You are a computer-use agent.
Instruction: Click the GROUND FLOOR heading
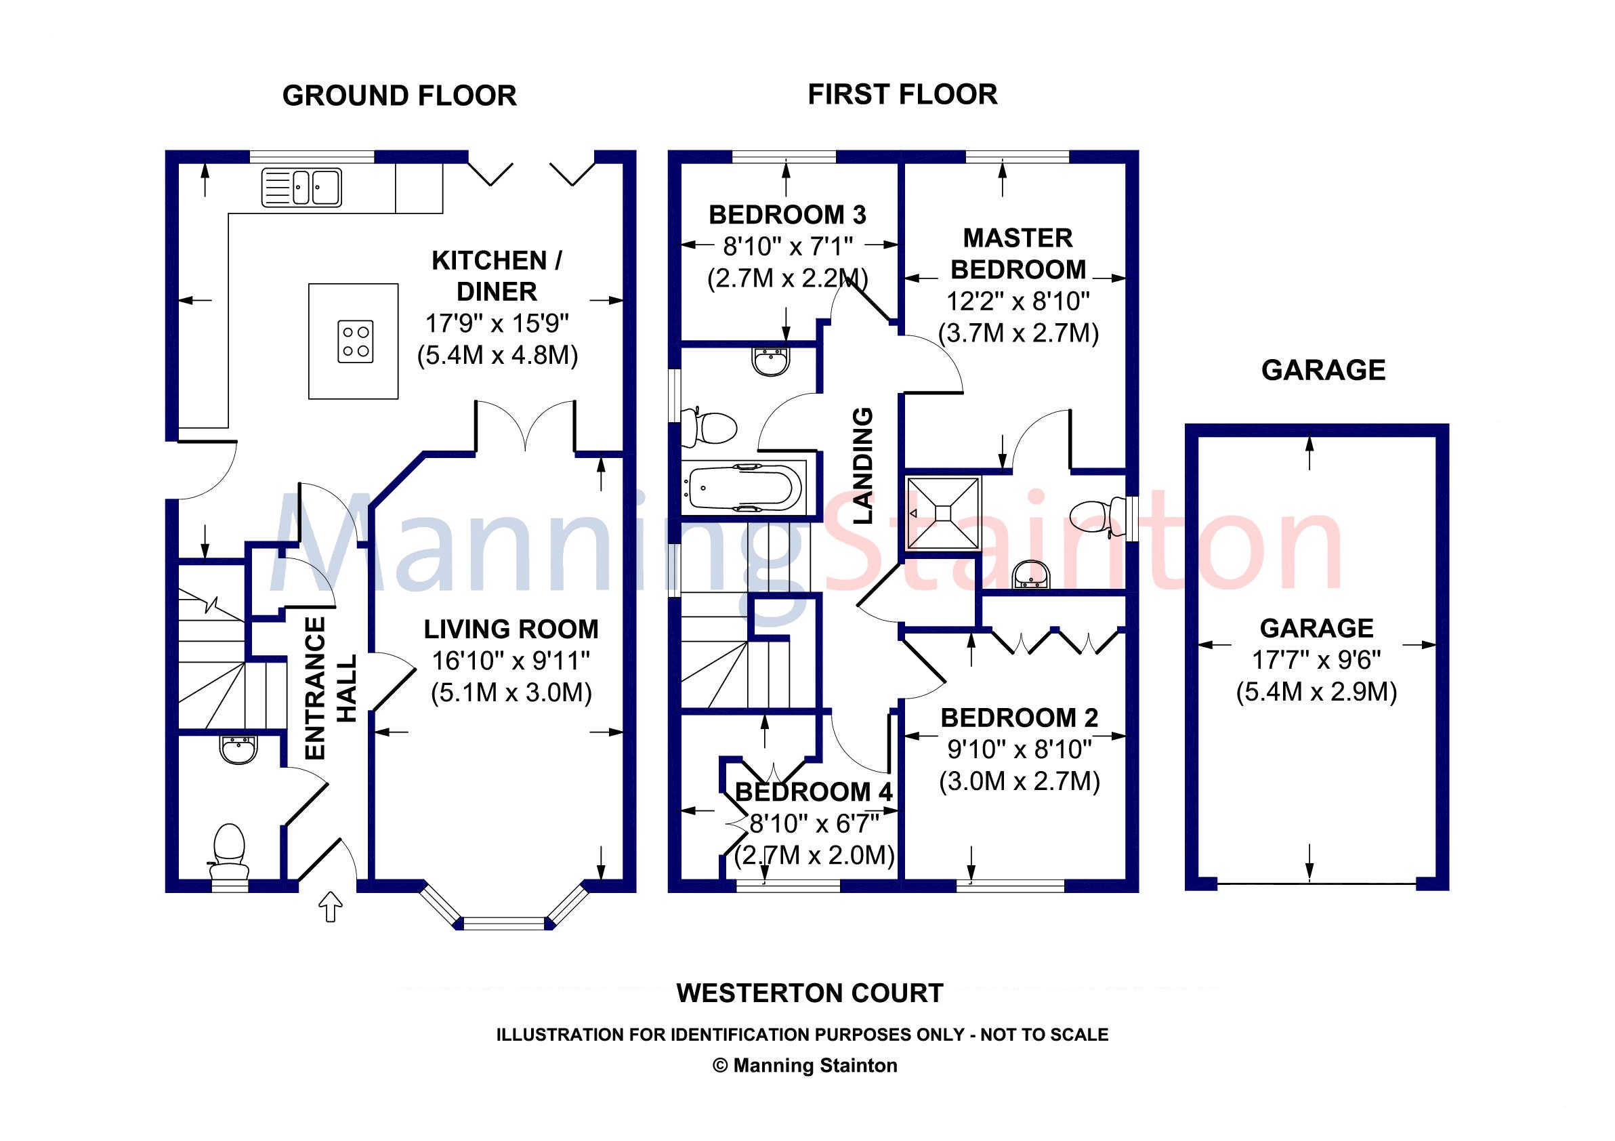pyautogui.click(x=399, y=96)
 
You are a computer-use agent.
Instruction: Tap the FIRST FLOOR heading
pyautogui.click(x=902, y=94)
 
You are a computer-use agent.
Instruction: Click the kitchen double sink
pyautogui.click(x=301, y=187)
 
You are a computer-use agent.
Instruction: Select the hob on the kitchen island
pyautogui.click(x=355, y=341)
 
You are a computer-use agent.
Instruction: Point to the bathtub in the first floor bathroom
pyautogui.click(x=745, y=486)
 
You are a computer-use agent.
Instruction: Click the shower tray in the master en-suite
pyautogui.click(x=942, y=513)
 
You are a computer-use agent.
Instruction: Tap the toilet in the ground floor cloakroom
pyautogui.click(x=229, y=851)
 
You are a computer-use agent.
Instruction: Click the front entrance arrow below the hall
pyautogui.click(x=331, y=907)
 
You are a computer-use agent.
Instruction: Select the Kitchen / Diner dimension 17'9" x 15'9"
pyautogui.click(x=497, y=324)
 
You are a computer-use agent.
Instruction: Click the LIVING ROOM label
pyautogui.click(x=511, y=629)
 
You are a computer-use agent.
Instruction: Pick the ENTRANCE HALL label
pyautogui.click(x=331, y=688)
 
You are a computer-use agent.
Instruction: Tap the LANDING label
pyautogui.click(x=862, y=465)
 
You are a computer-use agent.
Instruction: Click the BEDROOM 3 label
pyautogui.click(x=787, y=215)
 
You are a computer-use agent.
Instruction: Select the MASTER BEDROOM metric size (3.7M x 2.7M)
pyautogui.click(x=1018, y=333)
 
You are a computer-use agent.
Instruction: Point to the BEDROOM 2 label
pyautogui.click(x=1020, y=718)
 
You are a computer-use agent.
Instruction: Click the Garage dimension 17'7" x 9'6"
pyautogui.click(x=1316, y=660)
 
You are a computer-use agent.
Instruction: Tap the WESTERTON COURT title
pyautogui.click(x=810, y=993)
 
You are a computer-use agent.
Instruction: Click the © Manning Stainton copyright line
pyautogui.click(x=805, y=1066)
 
